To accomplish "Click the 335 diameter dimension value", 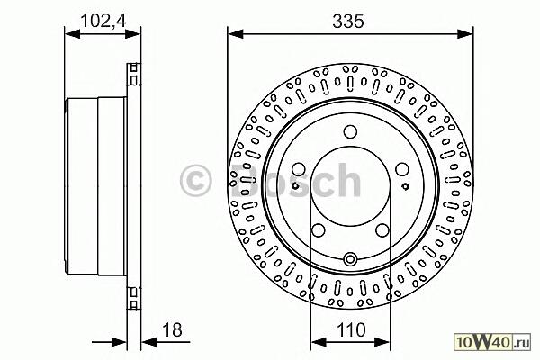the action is (348, 22).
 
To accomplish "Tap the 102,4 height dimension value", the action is (103, 21).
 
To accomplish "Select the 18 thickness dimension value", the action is (172, 329).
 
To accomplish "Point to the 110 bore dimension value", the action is (351, 329).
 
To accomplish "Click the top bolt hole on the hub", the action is (350, 131).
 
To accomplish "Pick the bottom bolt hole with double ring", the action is (350, 258).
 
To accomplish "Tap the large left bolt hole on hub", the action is (298, 169).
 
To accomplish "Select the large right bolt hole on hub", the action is (402, 169).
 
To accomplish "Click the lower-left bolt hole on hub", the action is (319, 230).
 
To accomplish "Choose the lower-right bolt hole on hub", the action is (382, 230).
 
